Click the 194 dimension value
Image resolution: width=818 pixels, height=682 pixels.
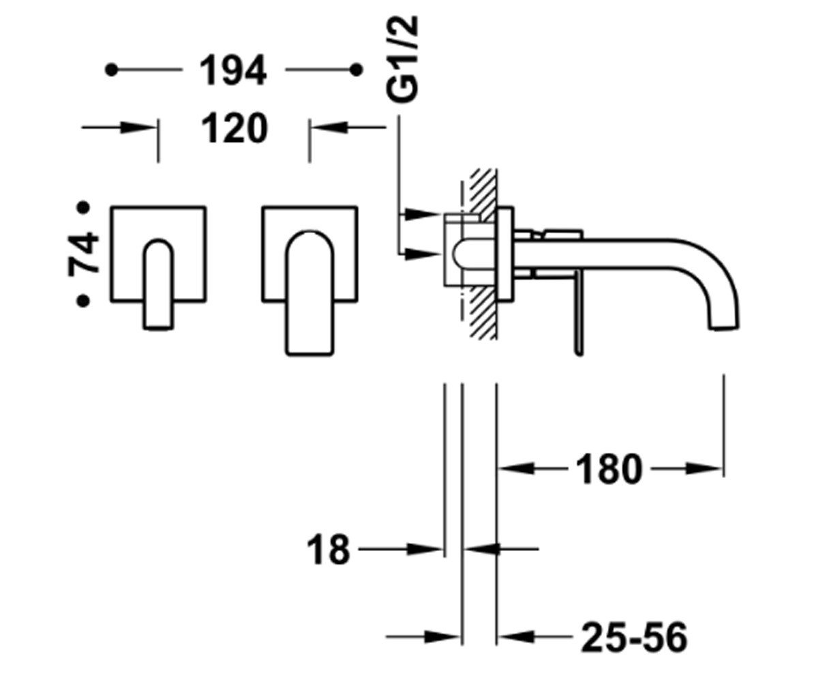click(x=233, y=71)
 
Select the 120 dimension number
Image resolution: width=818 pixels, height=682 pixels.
click(x=234, y=128)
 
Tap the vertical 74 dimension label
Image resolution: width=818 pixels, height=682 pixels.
click(x=83, y=254)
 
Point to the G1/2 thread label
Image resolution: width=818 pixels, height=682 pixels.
click(x=402, y=59)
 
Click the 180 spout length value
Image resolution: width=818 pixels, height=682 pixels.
click(x=609, y=469)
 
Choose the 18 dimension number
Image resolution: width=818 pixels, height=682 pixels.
click(x=328, y=550)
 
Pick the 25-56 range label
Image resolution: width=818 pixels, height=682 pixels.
click(x=634, y=638)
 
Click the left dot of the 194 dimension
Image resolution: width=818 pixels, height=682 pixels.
click(x=112, y=70)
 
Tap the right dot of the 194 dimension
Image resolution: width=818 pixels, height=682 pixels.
click(x=356, y=70)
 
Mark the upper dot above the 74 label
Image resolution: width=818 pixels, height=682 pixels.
click(x=83, y=207)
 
